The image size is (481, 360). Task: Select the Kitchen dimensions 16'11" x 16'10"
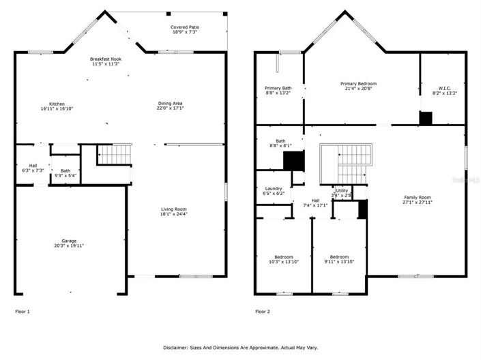(x=57, y=108)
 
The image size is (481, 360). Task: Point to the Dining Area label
(x=170, y=104)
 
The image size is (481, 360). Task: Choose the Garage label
(x=70, y=241)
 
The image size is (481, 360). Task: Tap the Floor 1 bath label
(x=65, y=170)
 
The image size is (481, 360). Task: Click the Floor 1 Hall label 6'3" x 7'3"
(x=33, y=167)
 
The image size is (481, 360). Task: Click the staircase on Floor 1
(x=114, y=155)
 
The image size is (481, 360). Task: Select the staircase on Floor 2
(x=347, y=164)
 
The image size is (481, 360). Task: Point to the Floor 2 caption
(x=263, y=312)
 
